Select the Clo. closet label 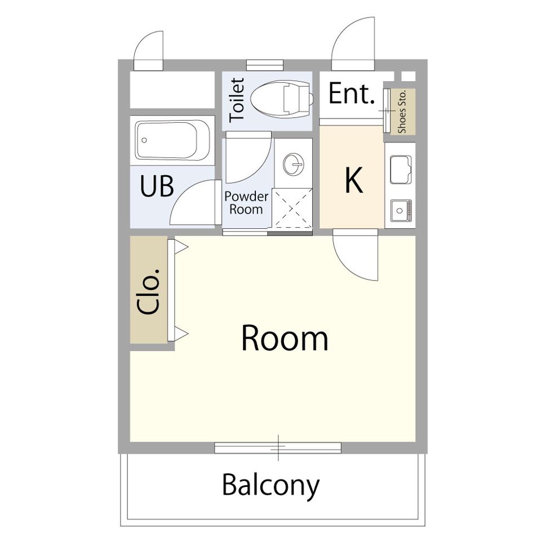[x=149, y=291]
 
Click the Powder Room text [x=246, y=203]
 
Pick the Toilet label [x=237, y=100]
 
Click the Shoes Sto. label [x=402, y=112]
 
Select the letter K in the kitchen [x=354, y=180]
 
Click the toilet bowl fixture [x=282, y=99]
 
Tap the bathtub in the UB [x=172, y=140]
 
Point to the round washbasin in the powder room [x=294, y=164]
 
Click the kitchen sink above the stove [x=401, y=170]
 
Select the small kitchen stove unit [x=401, y=210]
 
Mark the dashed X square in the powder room [x=292, y=208]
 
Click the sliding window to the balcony [x=278, y=448]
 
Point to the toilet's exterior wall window [x=265, y=65]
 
